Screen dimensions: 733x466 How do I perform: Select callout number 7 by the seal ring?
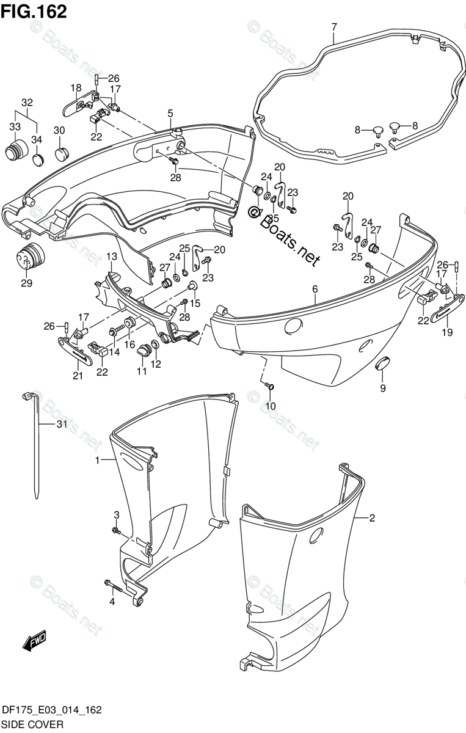coord(334,27)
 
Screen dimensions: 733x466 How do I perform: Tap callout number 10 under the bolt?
coord(270,406)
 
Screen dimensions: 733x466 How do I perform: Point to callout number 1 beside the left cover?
coord(97,461)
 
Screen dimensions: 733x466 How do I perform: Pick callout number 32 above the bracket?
coord(27,102)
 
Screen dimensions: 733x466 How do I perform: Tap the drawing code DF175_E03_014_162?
coord(51,710)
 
